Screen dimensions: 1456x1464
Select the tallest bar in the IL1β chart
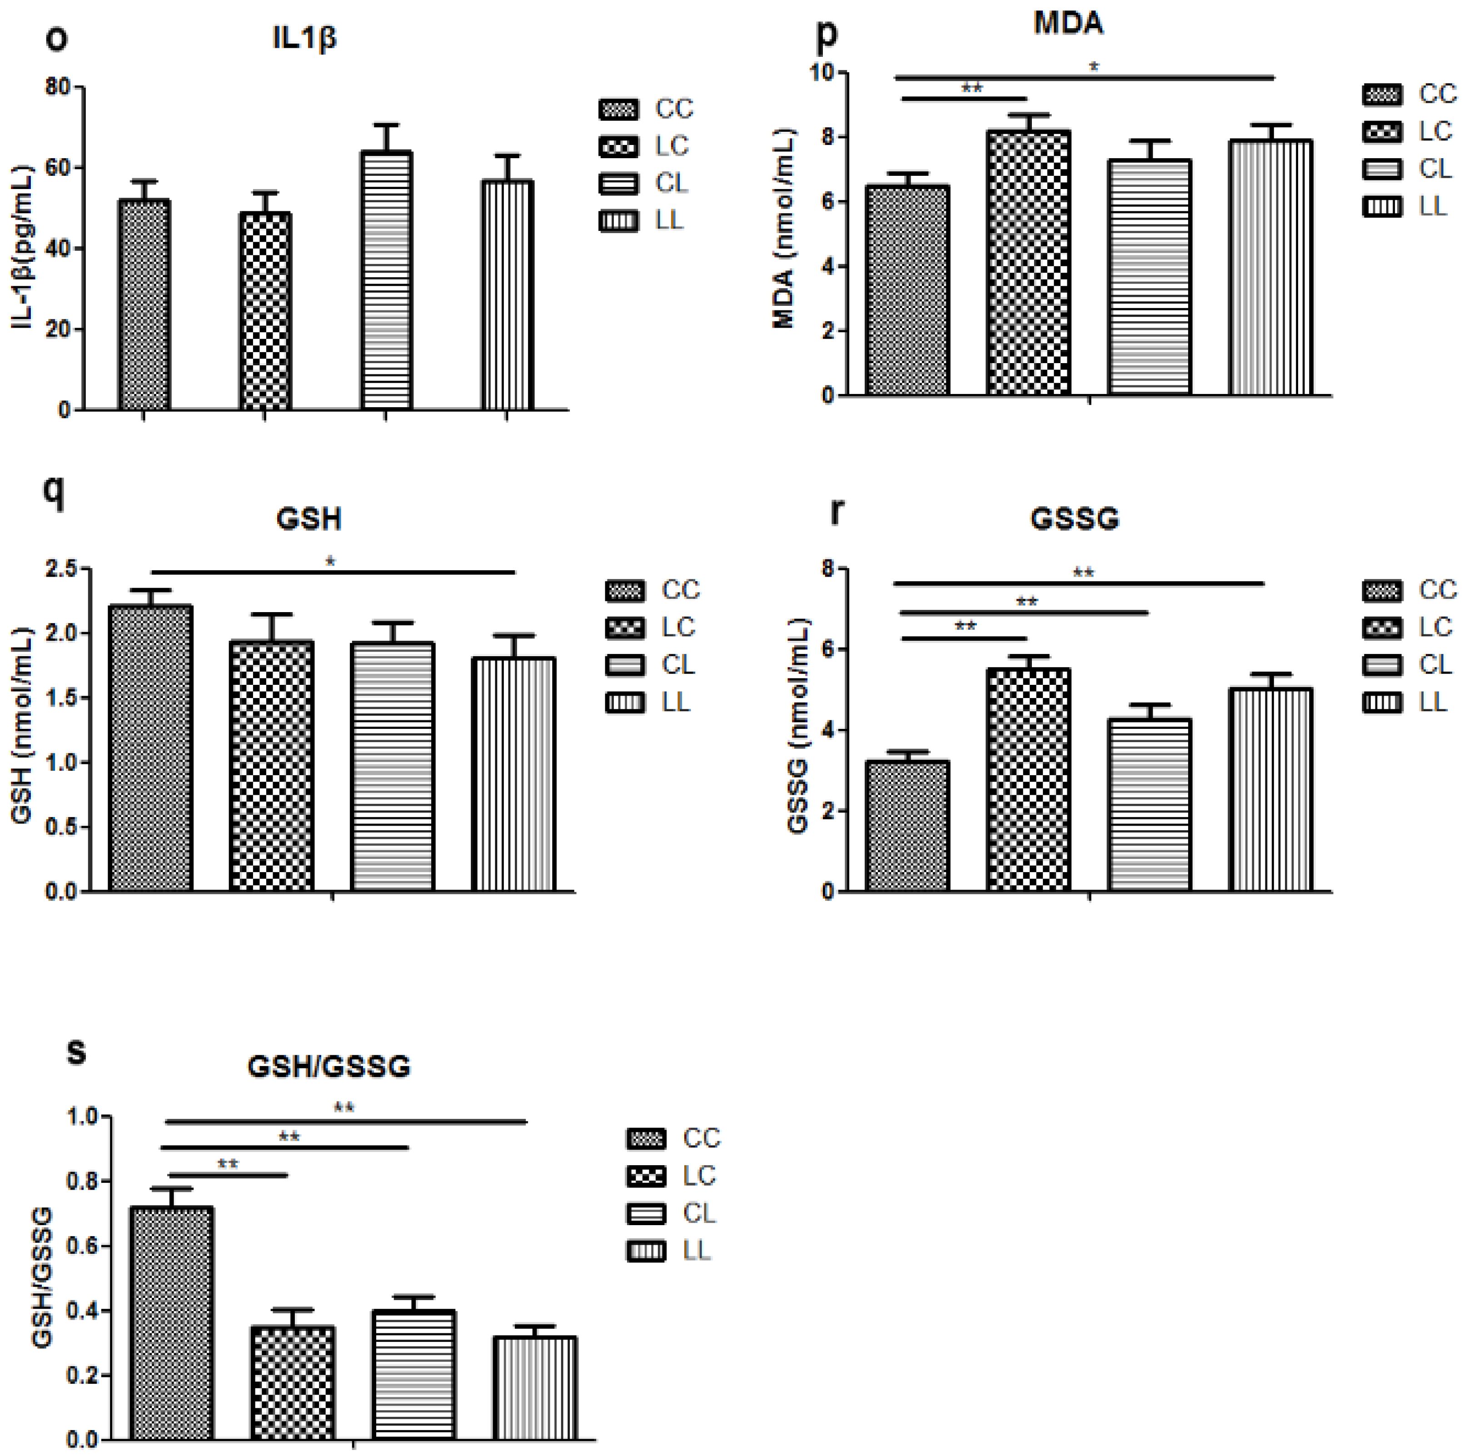tap(386, 280)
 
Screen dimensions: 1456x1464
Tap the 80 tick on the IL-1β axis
tap(58, 87)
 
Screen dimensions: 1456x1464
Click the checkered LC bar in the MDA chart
tap(1028, 263)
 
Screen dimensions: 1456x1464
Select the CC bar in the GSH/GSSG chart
tap(171, 1322)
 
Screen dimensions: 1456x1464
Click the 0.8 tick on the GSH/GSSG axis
tap(83, 1182)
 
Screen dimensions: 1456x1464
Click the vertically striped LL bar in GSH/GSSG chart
tap(534, 1387)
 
